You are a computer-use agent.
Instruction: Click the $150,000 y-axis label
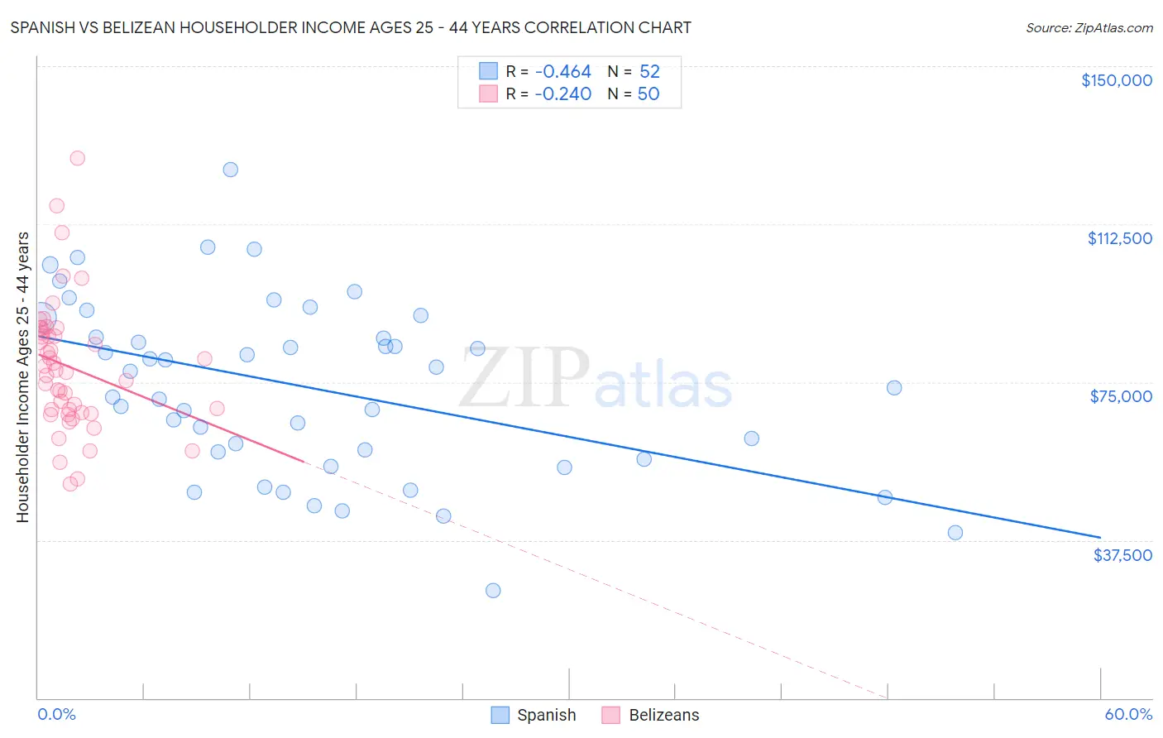point(1116,80)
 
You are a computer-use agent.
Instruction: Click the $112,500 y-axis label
point(1119,238)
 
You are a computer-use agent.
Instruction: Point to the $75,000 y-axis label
point(1121,396)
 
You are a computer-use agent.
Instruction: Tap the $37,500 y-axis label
point(1122,555)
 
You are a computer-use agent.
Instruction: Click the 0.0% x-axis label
point(56,715)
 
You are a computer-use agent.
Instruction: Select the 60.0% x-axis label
point(1128,715)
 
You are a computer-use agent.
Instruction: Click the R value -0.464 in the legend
point(562,72)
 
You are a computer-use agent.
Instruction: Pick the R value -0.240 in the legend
point(562,94)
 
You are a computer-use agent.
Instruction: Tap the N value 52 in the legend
point(649,72)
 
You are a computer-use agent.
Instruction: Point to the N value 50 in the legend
point(649,94)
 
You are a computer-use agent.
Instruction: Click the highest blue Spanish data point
point(231,170)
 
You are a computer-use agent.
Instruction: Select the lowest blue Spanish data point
point(493,591)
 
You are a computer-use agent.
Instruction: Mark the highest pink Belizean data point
point(77,158)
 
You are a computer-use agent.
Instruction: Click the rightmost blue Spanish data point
point(955,533)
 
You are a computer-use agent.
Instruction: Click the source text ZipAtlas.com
point(1089,28)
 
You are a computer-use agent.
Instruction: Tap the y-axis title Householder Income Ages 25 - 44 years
point(22,376)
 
